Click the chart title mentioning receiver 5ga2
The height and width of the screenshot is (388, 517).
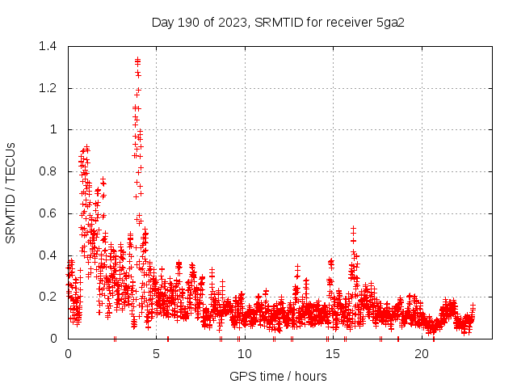(x=278, y=22)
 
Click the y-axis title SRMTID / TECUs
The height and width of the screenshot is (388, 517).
(x=11, y=192)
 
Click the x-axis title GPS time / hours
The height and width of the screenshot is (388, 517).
(x=278, y=376)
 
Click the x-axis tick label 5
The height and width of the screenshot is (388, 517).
(x=156, y=354)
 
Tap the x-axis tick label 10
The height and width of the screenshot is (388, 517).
(x=244, y=354)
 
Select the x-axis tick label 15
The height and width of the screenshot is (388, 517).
(x=332, y=354)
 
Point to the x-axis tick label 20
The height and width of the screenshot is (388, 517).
(x=421, y=354)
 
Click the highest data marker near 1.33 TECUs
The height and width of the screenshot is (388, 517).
(x=137, y=60)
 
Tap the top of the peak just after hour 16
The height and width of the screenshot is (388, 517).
(x=353, y=229)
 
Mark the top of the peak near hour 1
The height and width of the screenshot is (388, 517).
(x=86, y=147)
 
